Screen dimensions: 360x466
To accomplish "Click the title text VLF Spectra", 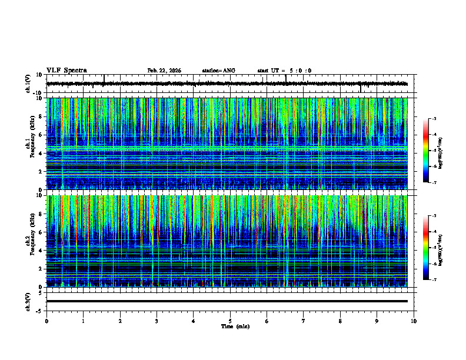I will click(x=66, y=71).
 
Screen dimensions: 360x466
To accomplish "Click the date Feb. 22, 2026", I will click(x=164, y=71).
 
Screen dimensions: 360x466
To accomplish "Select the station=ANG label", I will click(x=218, y=71).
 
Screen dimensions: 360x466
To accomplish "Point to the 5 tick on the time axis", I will click(x=230, y=321).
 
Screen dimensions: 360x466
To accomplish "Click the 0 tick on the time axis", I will click(x=46, y=321).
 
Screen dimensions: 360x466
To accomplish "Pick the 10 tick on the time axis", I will click(x=414, y=321).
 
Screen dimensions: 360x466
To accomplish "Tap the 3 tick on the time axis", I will click(x=157, y=321).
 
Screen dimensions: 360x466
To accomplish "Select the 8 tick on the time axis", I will click(x=340, y=321).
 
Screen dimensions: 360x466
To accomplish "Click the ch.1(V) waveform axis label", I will click(x=28, y=84).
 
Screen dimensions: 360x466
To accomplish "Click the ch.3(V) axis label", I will click(x=28, y=301).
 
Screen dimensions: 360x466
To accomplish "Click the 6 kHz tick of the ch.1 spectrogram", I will click(x=41, y=135).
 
